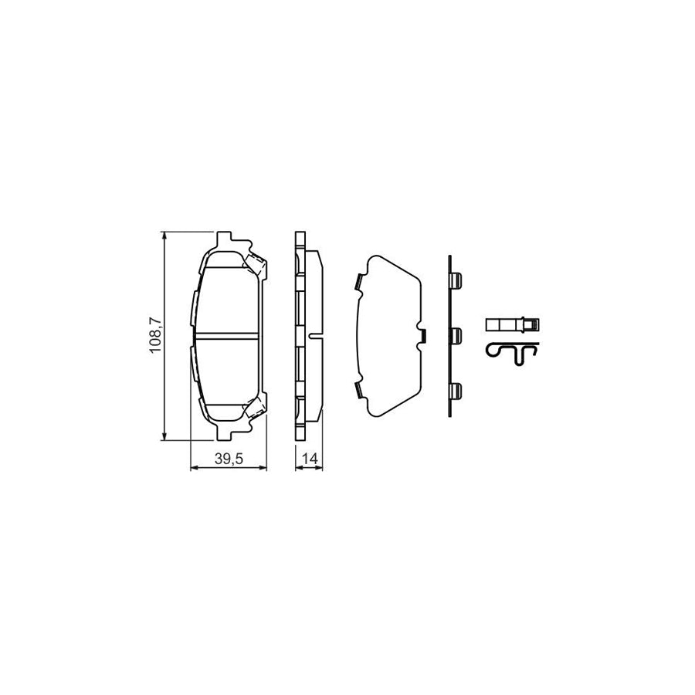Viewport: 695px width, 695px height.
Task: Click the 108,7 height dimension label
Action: [x=155, y=336]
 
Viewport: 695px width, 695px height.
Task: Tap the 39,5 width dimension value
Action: [x=229, y=459]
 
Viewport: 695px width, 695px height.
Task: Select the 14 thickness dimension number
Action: [x=310, y=459]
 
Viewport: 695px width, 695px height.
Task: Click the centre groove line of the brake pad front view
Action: [x=228, y=336]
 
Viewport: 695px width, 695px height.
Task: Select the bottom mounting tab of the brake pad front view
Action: [x=227, y=433]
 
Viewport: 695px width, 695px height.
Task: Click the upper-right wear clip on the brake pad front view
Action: [x=256, y=266]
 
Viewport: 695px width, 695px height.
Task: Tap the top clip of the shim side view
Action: [x=456, y=279]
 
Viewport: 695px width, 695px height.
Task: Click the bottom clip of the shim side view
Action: [x=456, y=392]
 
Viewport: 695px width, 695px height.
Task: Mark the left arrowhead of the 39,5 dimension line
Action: [x=193, y=467]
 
